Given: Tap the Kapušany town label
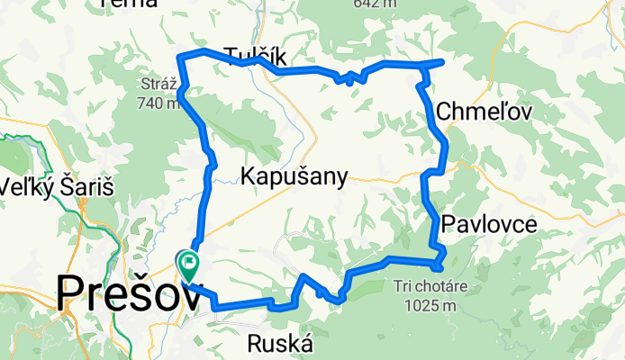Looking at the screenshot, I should point(294,177).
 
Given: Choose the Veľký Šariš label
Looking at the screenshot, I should point(41,188).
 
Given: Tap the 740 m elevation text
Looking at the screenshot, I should point(159,103).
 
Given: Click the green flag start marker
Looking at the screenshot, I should point(190,264).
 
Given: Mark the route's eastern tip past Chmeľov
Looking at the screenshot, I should point(442,61).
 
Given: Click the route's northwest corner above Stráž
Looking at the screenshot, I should point(185,58).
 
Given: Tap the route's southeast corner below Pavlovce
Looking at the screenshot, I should point(440,265).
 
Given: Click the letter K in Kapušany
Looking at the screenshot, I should point(248,177).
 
